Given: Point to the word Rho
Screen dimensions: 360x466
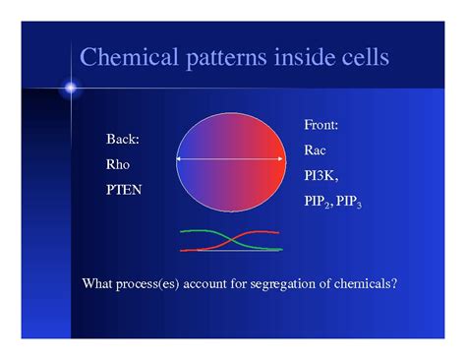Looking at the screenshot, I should click(118, 164).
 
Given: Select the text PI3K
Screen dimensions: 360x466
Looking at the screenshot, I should click(320, 175).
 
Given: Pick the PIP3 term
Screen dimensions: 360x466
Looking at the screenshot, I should click(349, 201).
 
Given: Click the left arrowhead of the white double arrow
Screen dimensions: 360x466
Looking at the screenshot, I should click(180, 159).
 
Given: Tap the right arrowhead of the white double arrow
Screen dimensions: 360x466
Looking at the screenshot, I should click(286, 159).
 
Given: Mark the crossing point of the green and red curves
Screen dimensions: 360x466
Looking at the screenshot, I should click(230, 241).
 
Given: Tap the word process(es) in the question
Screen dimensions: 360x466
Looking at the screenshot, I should click(155, 284).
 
